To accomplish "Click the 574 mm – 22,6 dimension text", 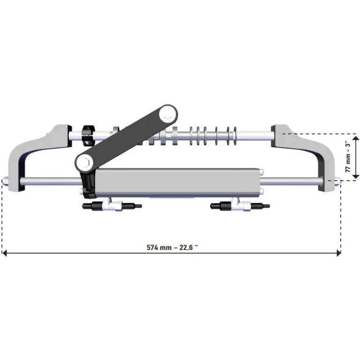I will [x=172, y=247].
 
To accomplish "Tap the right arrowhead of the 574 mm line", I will [x=338, y=253].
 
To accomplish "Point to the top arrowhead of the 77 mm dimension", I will [x=356, y=135].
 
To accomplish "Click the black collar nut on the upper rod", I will [x=89, y=135].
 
